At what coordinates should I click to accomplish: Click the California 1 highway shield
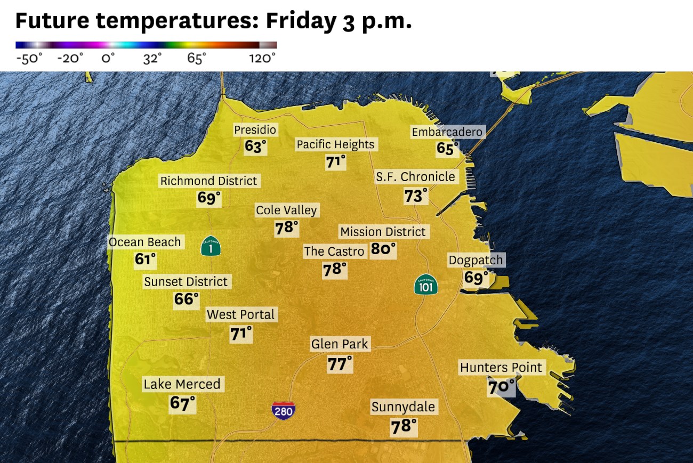pyautogui.click(x=211, y=246)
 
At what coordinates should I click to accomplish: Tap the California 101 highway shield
pyautogui.click(x=426, y=285)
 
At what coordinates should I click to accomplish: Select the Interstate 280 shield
pyautogui.click(x=283, y=410)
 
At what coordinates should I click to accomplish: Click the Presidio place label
pyautogui.click(x=255, y=130)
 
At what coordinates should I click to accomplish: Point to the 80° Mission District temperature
pyautogui.click(x=383, y=249)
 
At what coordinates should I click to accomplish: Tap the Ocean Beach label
pyautogui.click(x=145, y=242)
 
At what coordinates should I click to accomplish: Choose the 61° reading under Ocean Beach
pyautogui.click(x=145, y=260)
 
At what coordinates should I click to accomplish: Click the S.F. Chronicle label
pyautogui.click(x=416, y=177)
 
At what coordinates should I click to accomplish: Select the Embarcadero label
pyautogui.click(x=447, y=132)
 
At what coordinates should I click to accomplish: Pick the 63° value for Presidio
pyautogui.click(x=255, y=147)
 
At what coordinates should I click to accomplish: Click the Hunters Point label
pyautogui.click(x=501, y=368)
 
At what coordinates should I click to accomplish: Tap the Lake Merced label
pyautogui.click(x=182, y=384)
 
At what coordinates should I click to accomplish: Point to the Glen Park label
pyautogui.click(x=340, y=344)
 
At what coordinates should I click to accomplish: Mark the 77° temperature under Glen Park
pyautogui.click(x=340, y=364)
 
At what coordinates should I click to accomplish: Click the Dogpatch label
pyautogui.click(x=476, y=261)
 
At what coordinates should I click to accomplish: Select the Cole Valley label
pyautogui.click(x=286, y=210)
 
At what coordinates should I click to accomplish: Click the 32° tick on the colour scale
pyautogui.click(x=152, y=58)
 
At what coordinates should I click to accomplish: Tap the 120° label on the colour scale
pyautogui.click(x=262, y=58)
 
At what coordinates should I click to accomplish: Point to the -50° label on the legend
pyautogui.click(x=29, y=58)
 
